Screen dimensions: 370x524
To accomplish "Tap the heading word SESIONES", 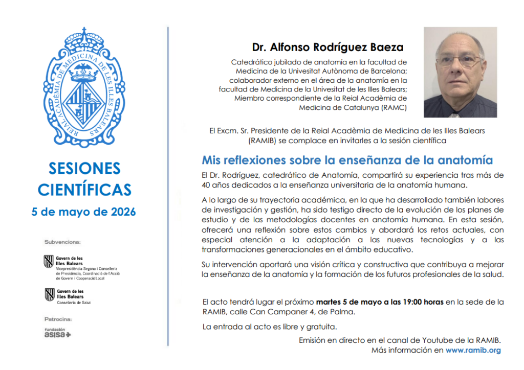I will pyautogui.click(x=84, y=168).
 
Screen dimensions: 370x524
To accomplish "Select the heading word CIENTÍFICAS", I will pyautogui.click(x=84, y=190).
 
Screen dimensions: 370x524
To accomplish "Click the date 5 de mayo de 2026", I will pyautogui.click(x=84, y=212).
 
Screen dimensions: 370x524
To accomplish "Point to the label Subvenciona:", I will pyautogui.click(x=63, y=242).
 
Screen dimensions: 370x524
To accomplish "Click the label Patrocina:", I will pyautogui.click(x=58, y=319).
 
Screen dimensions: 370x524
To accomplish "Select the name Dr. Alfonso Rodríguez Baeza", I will pyautogui.click(x=327, y=48).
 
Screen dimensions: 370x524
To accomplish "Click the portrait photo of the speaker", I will pyautogui.click(x=460, y=72).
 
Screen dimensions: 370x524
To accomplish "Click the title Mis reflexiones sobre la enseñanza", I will pyautogui.click(x=347, y=160).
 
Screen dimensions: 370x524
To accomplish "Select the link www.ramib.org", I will pyautogui.click(x=473, y=351).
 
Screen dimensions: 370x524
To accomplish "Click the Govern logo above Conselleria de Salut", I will pyautogui.click(x=50, y=294).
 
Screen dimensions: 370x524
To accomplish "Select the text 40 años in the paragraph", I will pyautogui.click(x=216, y=184).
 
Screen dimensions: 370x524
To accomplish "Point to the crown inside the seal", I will pyautogui.click(x=84, y=74).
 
